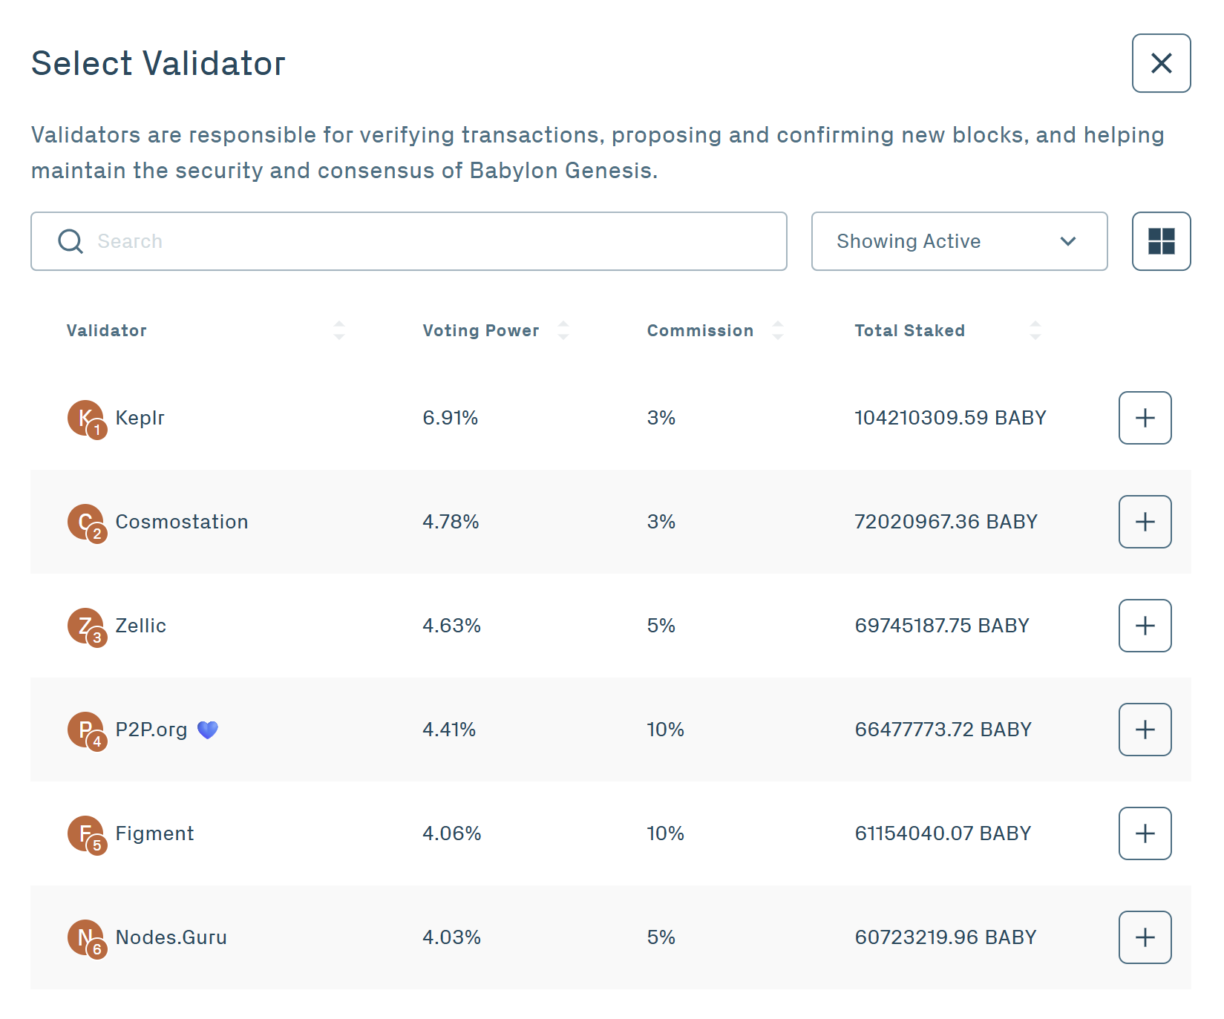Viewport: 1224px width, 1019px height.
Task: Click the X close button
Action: (x=1161, y=63)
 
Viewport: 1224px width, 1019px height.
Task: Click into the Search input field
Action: (x=408, y=241)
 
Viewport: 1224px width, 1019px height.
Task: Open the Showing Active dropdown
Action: (x=959, y=241)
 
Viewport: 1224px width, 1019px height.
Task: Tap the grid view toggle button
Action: (x=1161, y=241)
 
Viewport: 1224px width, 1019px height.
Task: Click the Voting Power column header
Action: (x=481, y=330)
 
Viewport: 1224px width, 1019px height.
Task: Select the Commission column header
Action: (x=700, y=330)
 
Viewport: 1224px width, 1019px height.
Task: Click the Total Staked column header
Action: (x=909, y=330)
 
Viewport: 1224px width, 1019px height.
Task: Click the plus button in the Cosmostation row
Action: (x=1145, y=522)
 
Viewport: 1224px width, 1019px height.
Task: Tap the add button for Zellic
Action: (x=1145, y=626)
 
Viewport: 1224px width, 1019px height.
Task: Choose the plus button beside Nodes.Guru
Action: (x=1145, y=937)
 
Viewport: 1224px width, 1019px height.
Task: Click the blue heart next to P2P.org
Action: (x=208, y=730)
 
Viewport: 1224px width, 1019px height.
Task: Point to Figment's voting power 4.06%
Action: (x=451, y=833)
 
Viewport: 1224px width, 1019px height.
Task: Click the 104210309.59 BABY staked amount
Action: (x=950, y=418)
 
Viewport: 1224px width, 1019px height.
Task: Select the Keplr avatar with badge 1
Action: (x=86, y=419)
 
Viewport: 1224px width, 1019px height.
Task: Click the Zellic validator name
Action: (x=140, y=626)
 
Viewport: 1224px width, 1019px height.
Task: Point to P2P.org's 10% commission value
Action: (x=665, y=730)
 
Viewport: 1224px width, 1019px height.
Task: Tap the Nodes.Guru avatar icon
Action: (x=86, y=938)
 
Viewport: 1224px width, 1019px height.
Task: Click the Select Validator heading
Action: (x=158, y=63)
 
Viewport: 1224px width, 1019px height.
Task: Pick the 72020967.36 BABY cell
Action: (x=946, y=522)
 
